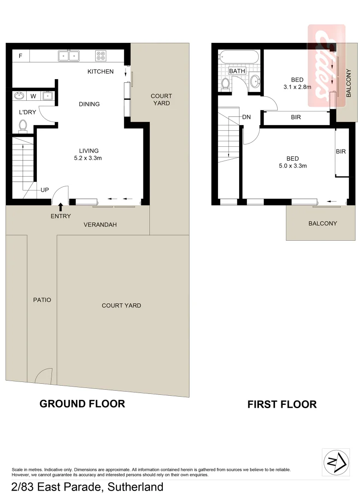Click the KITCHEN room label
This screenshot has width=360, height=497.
pyautogui.click(x=100, y=71)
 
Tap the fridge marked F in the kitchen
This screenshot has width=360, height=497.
pyautogui.click(x=20, y=56)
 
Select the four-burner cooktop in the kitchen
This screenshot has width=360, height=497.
pyautogui.click(x=101, y=56)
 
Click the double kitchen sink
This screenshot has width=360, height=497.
pyautogui.click(x=69, y=56)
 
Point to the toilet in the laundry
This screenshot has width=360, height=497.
pyautogui.click(x=23, y=125)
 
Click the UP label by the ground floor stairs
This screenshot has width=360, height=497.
pyautogui.click(x=45, y=190)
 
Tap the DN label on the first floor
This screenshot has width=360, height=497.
pyautogui.click(x=246, y=117)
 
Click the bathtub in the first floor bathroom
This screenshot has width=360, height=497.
pyautogui.click(x=237, y=58)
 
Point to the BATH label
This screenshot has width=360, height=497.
pyautogui.click(x=237, y=71)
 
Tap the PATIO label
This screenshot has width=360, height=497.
pyautogui.click(x=42, y=300)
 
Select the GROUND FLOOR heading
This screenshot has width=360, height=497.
pyautogui.click(x=82, y=404)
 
